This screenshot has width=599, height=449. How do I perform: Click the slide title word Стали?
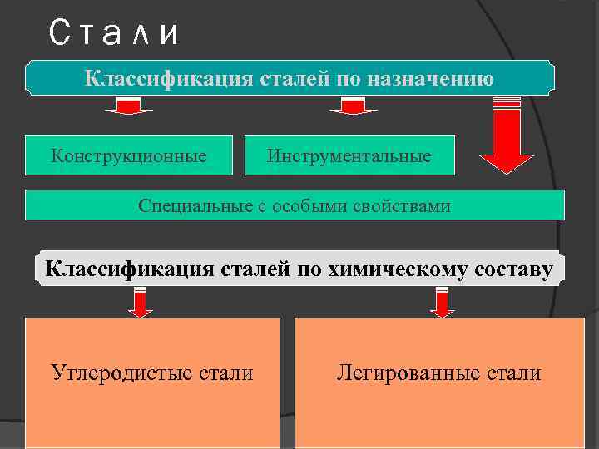[x=114, y=34]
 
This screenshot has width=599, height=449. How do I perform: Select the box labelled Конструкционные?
[x=129, y=155]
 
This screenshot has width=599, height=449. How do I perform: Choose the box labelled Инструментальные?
[x=349, y=155]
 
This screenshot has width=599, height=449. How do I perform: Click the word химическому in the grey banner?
[x=390, y=269]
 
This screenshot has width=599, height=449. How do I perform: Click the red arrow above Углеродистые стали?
[x=141, y=302]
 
